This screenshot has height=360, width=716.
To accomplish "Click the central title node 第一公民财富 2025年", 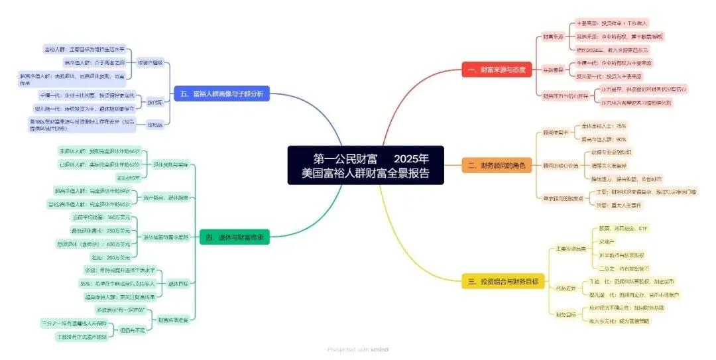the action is (366, 166).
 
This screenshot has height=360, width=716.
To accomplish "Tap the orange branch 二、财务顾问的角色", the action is (497, 165).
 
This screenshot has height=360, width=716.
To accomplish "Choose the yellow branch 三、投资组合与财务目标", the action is (503, 281).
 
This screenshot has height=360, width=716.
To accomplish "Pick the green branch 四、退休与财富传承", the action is (235, 237).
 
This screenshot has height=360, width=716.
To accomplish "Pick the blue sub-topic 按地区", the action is (155, 123).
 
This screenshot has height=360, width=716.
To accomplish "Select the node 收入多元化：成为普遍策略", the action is (619, 321).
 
